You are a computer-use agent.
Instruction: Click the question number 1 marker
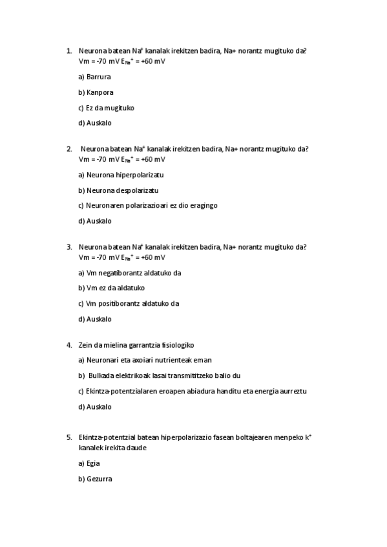68,52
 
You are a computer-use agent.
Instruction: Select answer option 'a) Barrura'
94,77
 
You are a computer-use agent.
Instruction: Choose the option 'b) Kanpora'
96,92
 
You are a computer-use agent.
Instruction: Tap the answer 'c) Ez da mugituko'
106,108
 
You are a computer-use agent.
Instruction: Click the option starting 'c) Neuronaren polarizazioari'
148,205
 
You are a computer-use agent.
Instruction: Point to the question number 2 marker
68,149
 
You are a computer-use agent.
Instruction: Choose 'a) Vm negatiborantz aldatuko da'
129,273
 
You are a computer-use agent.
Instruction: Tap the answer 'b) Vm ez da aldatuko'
111,288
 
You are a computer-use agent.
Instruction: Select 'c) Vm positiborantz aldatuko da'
129,303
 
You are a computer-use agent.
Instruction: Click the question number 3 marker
68,247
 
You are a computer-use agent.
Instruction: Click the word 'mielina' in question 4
118,345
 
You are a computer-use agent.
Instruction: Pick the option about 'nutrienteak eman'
145,360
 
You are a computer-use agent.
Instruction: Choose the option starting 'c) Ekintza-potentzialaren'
192,391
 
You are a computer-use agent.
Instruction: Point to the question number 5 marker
68,437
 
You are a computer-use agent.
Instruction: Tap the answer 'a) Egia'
89,463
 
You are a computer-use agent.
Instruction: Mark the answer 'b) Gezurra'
95,479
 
